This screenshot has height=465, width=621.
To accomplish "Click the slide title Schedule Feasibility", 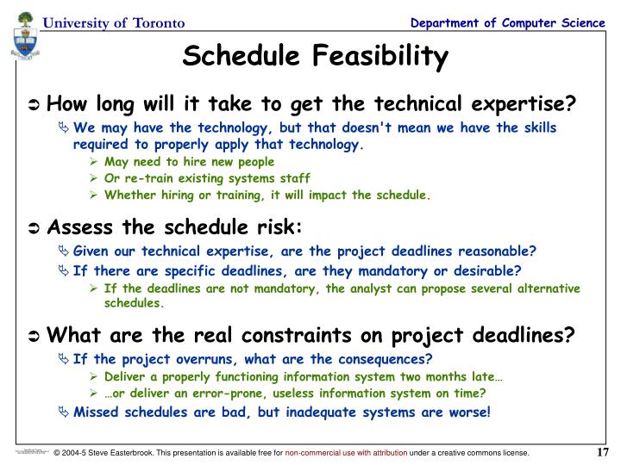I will pos(316,58).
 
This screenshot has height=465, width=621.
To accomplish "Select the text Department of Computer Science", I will pos(507,22).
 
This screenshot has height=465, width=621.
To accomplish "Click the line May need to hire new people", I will pos(189,161).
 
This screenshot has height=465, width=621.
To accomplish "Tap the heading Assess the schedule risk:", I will pos(174,227).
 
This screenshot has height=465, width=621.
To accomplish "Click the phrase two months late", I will pos(457,376).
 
